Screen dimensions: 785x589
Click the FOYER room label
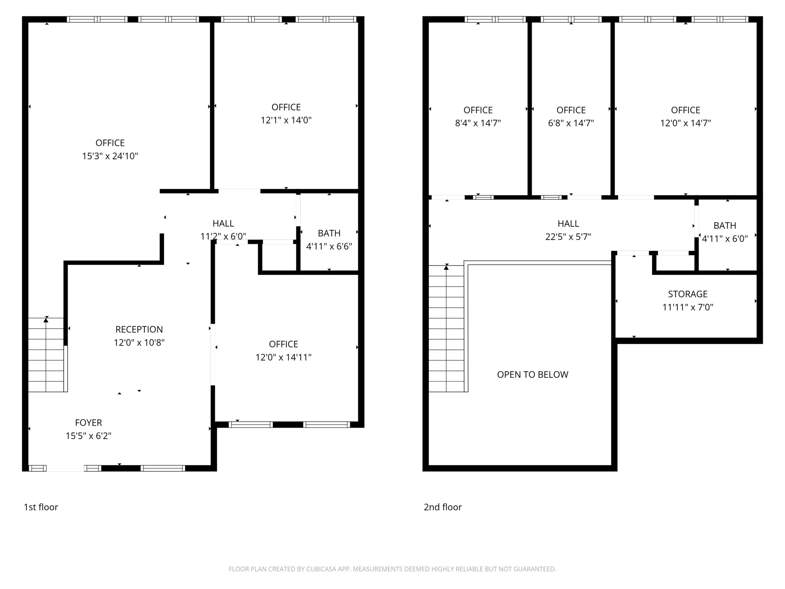(88, 423)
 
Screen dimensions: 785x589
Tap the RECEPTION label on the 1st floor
(139, 329)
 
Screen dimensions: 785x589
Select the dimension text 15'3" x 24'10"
(110, 156)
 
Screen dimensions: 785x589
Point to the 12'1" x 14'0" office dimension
(286, 120)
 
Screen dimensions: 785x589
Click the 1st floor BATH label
(329, 233)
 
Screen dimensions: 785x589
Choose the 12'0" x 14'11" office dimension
(283, 357)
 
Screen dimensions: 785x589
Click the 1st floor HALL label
(223, 223)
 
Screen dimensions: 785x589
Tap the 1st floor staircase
(46, 355)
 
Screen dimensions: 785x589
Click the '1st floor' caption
(41, 507)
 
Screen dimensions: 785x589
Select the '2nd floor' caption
(443, 507)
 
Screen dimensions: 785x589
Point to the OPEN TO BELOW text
(533, 375)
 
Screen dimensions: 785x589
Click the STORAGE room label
(688, 294)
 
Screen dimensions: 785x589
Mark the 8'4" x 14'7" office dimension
(478, 123)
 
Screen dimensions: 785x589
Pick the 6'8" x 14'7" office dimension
(571, 123)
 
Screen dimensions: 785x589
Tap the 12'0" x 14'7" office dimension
(686, 123)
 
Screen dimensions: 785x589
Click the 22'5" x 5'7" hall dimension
(568, 237)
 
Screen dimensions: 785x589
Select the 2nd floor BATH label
(725, 226)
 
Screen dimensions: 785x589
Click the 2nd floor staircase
(446, 329)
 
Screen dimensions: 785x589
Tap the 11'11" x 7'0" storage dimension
(688, 307)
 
